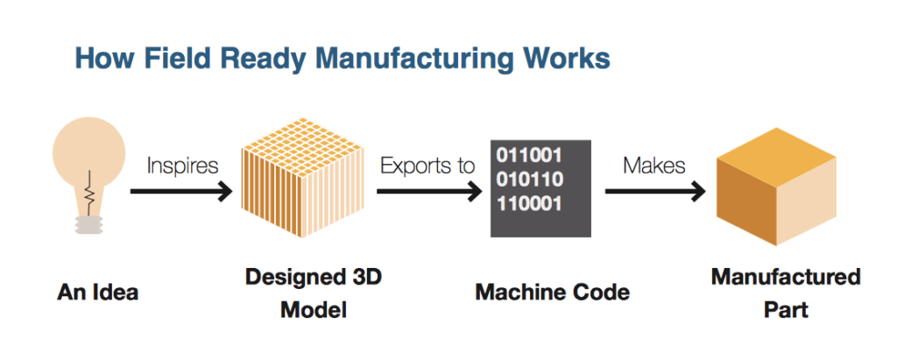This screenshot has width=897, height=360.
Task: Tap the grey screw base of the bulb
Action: click(87, 223)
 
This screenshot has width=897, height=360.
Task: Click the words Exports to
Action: click(428, 166)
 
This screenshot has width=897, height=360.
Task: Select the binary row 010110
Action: click(529, 180)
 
